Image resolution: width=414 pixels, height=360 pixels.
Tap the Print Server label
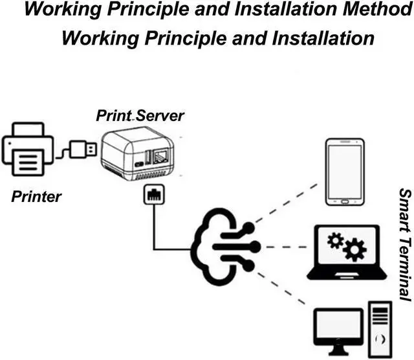tap(140, 116)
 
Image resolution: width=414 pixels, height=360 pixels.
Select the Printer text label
tap(36, 197)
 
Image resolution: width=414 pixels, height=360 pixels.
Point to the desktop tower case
tap(380, 331)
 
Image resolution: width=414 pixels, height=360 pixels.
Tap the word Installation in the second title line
tap(320, 37)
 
